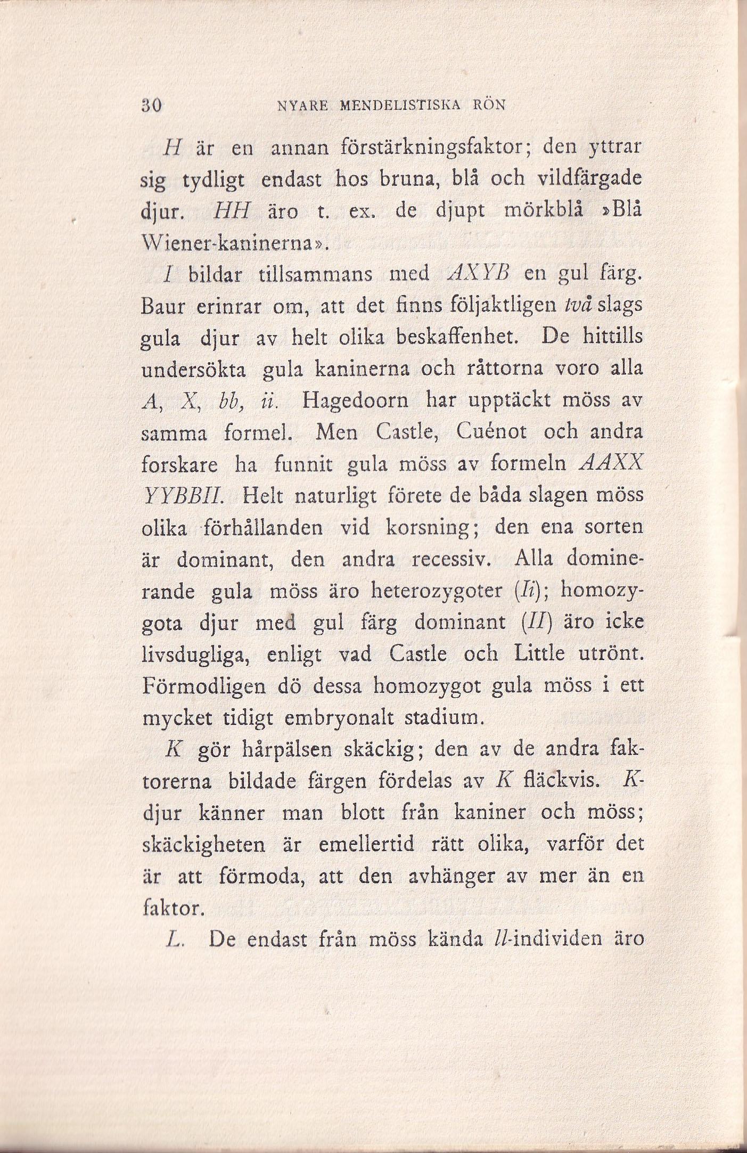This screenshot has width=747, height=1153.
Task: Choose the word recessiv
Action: pos(456,560)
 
